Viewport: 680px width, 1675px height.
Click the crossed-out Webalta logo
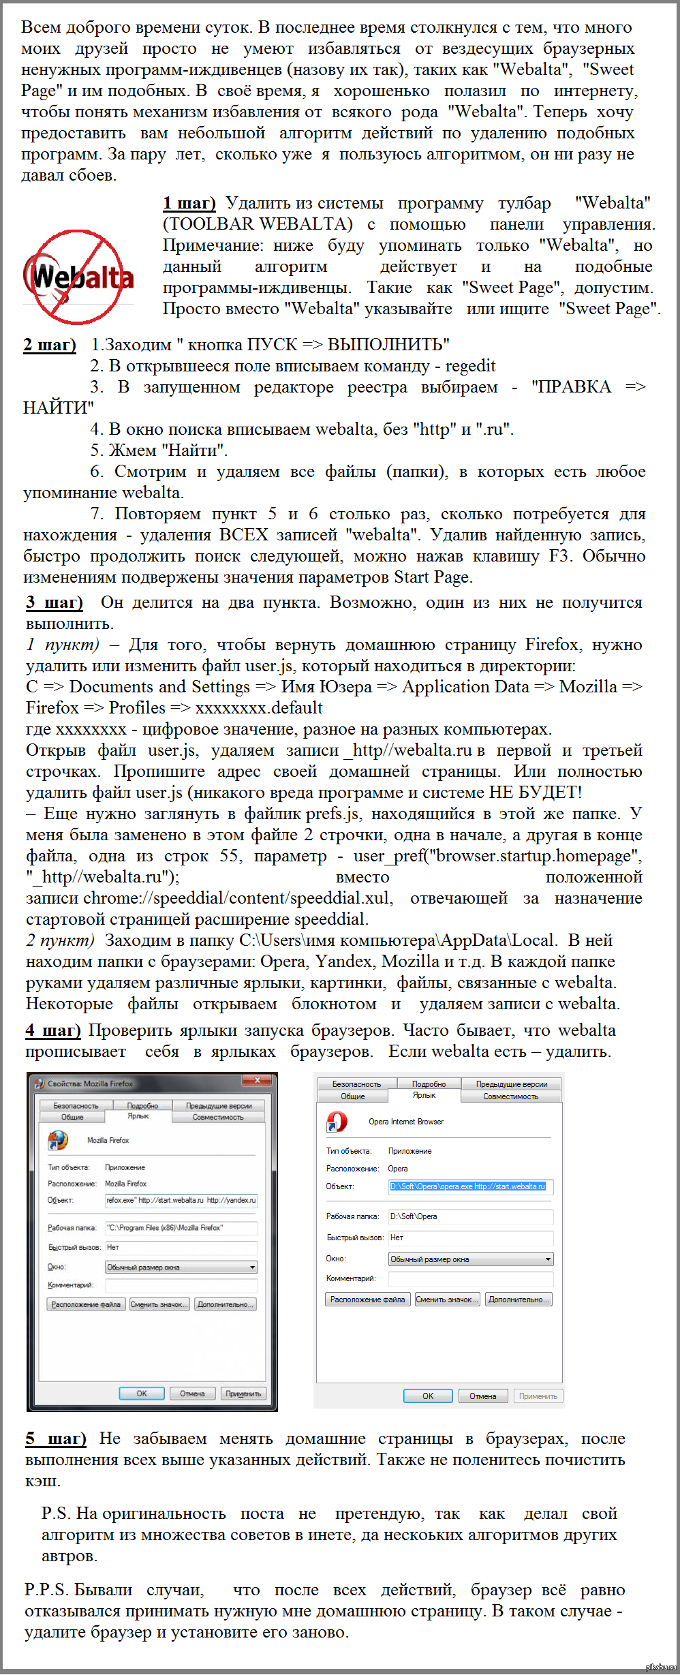point(78,277)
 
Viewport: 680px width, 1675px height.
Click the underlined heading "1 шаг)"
point(189,203)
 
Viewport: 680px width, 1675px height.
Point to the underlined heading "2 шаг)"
point(50,345)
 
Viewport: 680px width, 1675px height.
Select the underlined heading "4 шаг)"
point(53,1030)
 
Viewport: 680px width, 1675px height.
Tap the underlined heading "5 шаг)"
point(56,1439)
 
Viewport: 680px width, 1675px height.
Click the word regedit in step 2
point(470,366)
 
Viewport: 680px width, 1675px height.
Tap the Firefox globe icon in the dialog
point(58,1140)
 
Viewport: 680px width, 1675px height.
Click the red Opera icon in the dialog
point(337,1122)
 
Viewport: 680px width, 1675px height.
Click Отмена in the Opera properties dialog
point(482,1396)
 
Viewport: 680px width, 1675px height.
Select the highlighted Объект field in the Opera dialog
point(470,1186)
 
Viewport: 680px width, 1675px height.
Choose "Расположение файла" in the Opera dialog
point(367,1300)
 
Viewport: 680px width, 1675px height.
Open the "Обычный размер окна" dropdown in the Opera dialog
point(470,1259)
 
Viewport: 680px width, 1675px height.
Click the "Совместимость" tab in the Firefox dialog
point(217,1117)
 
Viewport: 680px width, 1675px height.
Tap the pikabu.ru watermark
point(660,1667)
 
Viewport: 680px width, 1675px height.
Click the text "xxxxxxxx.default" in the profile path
point(259,708)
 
